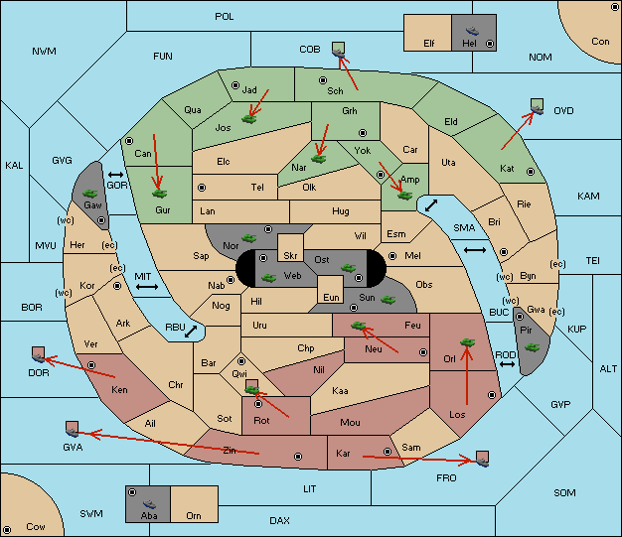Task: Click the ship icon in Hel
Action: coord(472,31)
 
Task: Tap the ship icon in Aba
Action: coord(149,503)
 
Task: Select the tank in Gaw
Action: coord(90,194)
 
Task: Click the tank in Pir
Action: coord(532,347)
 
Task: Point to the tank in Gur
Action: coord(159,194)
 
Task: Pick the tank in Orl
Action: coord(467,342)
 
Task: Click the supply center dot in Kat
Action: coord(531,172)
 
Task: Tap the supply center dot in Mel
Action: coord(392,256)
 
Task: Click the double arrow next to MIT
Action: coord(147,287)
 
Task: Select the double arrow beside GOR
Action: coord(116,175)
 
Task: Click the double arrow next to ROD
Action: coord(507,364)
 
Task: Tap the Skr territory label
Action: coord(290,256)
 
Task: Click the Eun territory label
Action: coord(331,298)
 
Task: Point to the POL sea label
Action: coord(225,17)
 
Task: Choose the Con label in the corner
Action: coord(600,42)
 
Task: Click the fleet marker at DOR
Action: coord(39,354)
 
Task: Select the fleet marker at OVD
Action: coord(538,106)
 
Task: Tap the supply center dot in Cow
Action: coord(7,529)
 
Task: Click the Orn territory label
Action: coord(194,515)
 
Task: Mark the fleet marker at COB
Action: coord(339,50)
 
